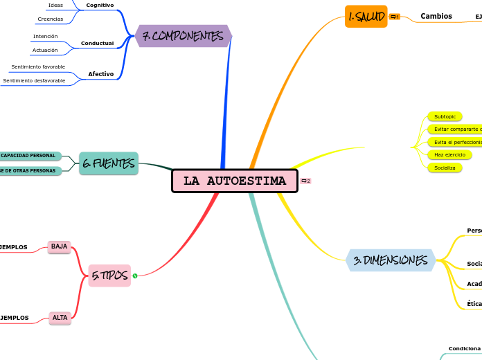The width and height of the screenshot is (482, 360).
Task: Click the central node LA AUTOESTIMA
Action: coord(235,181)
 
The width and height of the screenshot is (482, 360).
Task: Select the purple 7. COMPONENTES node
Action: coord(183,36)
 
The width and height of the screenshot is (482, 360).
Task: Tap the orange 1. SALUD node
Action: coord(366,16)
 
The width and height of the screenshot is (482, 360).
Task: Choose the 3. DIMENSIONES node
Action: coord(390,260)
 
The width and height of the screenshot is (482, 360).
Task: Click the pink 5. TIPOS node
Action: coord(109,276)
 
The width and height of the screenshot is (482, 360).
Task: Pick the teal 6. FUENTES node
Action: coord(108,163)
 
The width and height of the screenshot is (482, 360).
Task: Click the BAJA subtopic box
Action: coord(60,246)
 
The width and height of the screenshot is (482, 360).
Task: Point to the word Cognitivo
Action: coord(100,6)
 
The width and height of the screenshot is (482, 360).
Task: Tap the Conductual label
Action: coord(97,43)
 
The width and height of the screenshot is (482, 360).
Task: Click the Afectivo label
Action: coord(101,73)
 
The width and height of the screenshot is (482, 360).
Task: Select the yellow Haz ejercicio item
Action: coord(449,154)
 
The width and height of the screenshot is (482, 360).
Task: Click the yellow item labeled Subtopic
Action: coord(445,116)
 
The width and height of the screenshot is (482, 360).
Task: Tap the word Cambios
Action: coord(436,16)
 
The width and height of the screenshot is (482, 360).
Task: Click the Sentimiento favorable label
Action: coord(38,67)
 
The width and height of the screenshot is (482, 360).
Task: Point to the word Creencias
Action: coord(51,19)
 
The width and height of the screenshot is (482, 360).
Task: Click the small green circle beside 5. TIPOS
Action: coord(135,276)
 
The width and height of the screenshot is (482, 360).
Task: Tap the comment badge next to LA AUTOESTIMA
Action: coord(305,181)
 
